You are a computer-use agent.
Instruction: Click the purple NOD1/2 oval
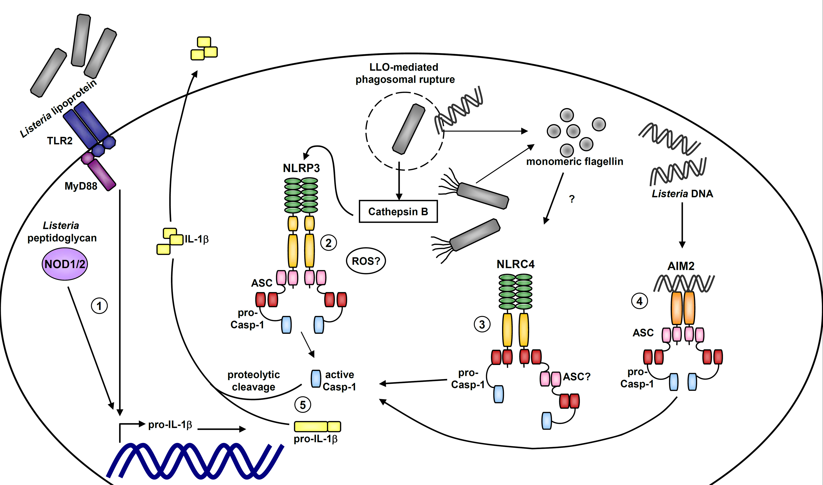coord(65,264)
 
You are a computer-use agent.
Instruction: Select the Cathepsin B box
coord(398,212)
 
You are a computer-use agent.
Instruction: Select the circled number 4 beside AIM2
coord(639,301)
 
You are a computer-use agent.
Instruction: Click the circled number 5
coord(303,405)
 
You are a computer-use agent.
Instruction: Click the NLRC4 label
coord(515,264)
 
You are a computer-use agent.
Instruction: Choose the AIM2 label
coord(681,266)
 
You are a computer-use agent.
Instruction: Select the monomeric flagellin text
coord(575,161)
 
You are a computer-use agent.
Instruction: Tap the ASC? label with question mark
coord(577,377)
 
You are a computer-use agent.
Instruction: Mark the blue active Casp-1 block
coord(316,379)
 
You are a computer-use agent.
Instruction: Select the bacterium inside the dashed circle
coord(409,129)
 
